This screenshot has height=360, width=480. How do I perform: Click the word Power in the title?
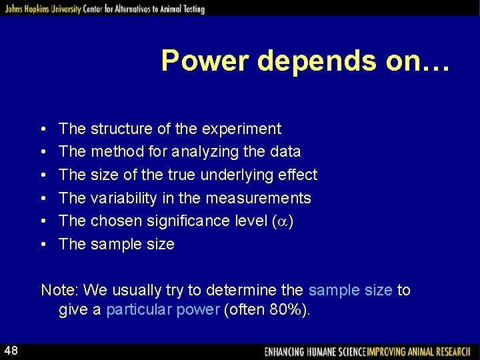coord(205,61)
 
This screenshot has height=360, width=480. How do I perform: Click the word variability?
coord(123,198)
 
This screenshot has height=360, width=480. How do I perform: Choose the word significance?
coord(181,221)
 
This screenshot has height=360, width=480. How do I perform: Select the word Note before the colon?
coord(58,291)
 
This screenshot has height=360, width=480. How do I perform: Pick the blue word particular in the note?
coord(139,311)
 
